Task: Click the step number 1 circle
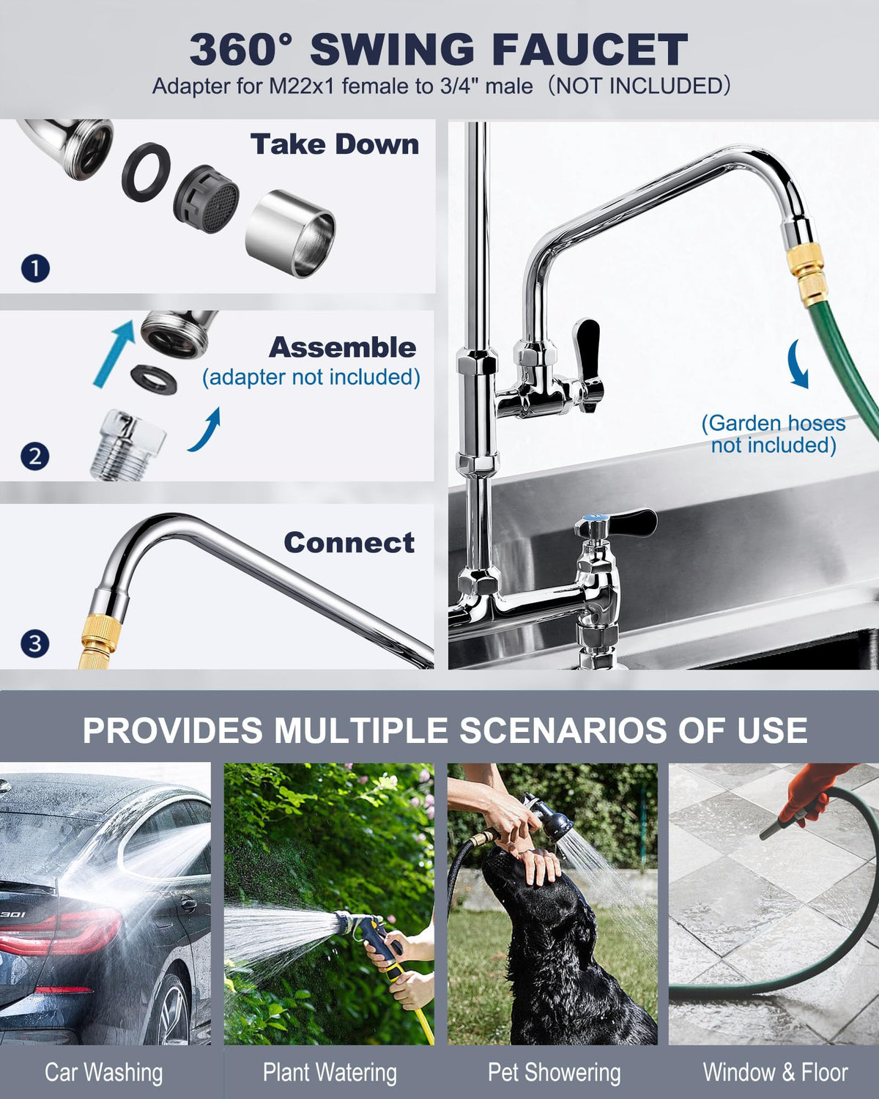(x=35, y=269)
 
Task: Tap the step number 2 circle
(x=34, y=456)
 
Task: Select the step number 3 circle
(x=34, y=643)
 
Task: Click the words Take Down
(x=335, y=144)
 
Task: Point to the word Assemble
(x=342, y=348)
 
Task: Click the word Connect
(x=349, y=542)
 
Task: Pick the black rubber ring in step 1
(x=146, y=172)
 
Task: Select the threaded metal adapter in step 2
(x=127, y=445)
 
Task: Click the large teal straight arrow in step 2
(x=114, y=353)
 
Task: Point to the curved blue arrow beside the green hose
(x=798, y=364)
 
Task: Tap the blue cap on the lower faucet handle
(x=592, y=519)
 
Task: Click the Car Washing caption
(x=104, y=1073)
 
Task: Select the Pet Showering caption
(x=555, y=1073)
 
